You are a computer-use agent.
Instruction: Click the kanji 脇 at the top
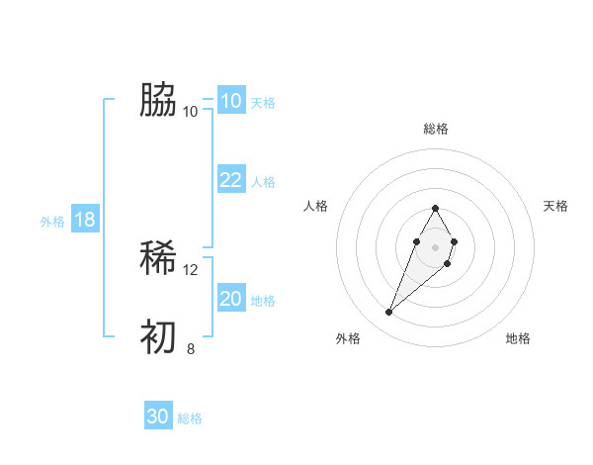[159, 100]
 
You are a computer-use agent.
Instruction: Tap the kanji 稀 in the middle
[159, 259]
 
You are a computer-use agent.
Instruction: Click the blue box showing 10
[231, 101]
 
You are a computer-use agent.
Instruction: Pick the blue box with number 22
[231, 180]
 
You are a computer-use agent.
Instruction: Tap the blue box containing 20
[231, 299]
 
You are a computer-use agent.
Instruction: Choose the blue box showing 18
[85, 220]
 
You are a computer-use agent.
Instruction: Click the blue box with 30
[158, 417]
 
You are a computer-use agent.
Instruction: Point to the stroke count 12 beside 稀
[191, 269]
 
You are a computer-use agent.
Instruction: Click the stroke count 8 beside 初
[191, 348]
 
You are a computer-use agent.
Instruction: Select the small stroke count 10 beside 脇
[191, 111]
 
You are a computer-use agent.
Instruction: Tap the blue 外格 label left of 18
[52, 222]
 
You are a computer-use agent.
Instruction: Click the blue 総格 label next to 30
[190, 418]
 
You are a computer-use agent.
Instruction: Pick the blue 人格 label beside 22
[263, 182]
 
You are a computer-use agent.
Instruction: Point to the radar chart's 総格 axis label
[436, 129]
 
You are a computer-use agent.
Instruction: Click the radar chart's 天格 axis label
[556, 206]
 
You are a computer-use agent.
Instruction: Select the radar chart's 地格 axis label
[518, 339]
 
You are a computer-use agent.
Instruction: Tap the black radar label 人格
[316, 206]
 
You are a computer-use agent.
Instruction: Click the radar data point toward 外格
[389, 313]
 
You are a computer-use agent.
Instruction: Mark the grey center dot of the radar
[436, 245]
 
